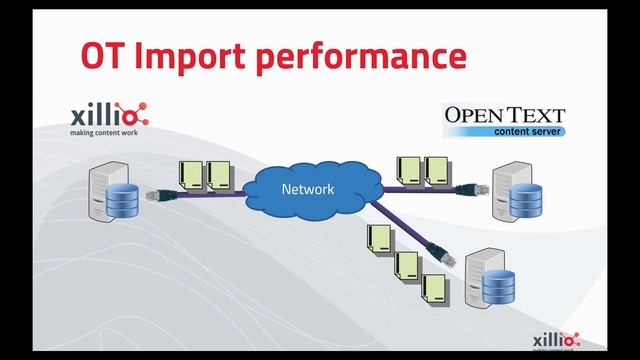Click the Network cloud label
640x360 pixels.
point(306,188)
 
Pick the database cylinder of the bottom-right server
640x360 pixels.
point(497,287)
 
